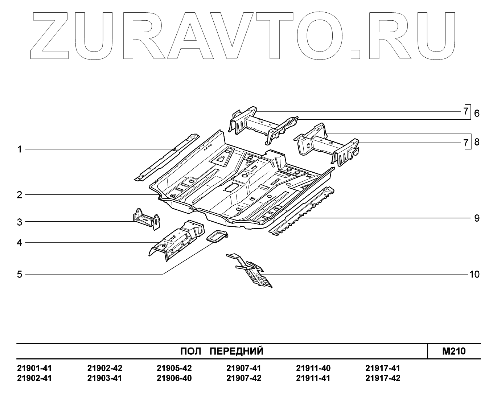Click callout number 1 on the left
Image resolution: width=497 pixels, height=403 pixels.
(20, 149)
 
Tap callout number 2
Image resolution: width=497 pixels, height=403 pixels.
(20, 195)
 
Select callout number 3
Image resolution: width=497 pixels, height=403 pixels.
(20, 222)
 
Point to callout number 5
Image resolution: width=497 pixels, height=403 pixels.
(20, 274)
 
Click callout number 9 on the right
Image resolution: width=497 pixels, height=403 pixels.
(476, 218)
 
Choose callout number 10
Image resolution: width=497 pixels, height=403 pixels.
(474, 274)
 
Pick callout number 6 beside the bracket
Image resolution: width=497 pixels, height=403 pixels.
(477, 113)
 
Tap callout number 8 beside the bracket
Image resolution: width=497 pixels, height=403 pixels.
(477, 142)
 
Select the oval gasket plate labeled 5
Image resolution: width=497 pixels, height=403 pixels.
(217, 237)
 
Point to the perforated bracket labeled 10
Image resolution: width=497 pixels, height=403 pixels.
(254, 271)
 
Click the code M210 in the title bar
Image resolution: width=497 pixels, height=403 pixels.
(454, 351)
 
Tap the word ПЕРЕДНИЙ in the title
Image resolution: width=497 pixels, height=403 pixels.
(237, 351)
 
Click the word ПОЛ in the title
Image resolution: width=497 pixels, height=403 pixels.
(191, 351)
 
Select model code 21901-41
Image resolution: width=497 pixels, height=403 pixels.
(34, 368)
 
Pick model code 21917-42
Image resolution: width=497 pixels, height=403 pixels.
(383, 378)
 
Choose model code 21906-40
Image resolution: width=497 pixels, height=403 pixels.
(174, 378)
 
